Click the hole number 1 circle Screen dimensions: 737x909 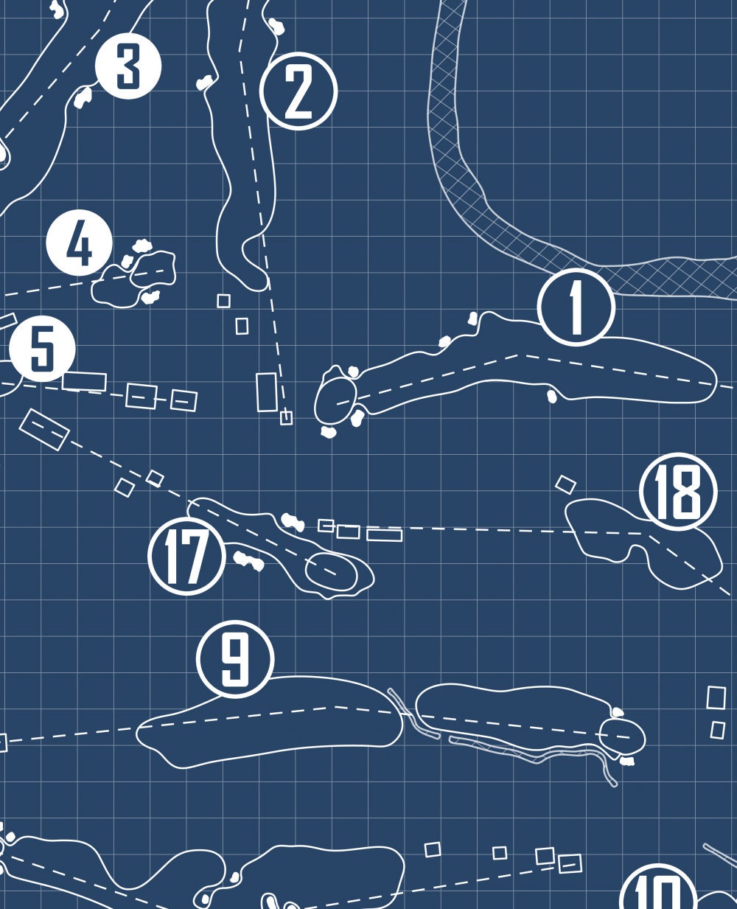[576, 307]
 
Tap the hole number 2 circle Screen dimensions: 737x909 [298, 91]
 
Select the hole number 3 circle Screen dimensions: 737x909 [128, 66]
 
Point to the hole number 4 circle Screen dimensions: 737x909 [80, 243]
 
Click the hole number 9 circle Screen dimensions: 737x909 [235, 659]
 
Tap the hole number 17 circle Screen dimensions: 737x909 [186, 556]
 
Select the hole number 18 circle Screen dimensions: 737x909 [678, 492]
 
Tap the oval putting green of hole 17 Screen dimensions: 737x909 [332, 571]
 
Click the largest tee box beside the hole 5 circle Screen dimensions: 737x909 [85, 381]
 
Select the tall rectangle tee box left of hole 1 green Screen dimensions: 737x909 [267, 392]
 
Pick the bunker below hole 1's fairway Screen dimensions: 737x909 [551, 396]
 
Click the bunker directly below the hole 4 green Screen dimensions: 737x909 [150, 296]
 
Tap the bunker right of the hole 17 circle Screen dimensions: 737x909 [248, 561]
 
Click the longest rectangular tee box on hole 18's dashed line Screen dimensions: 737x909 [384, 534]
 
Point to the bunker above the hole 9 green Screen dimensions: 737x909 [618, 712]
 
